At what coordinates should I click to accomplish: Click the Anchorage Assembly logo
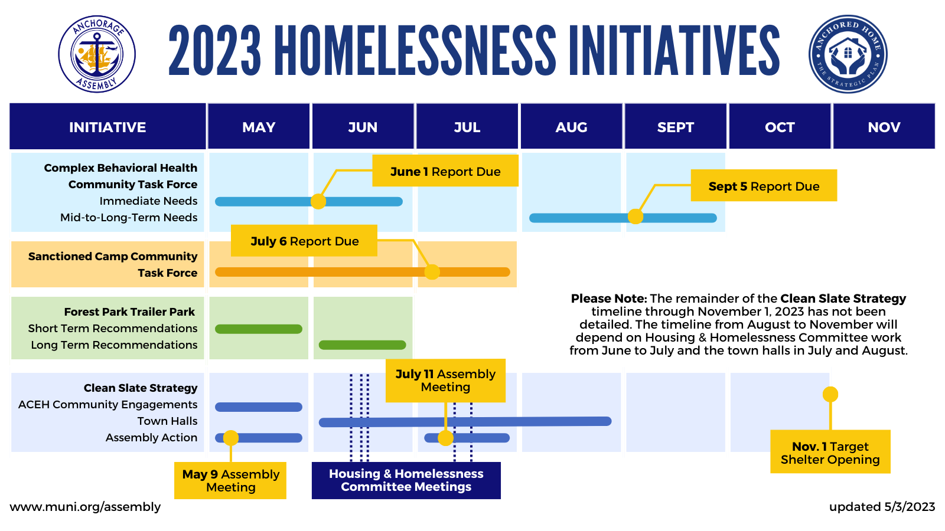[97, 54]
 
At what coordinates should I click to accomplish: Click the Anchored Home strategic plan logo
[848, 54]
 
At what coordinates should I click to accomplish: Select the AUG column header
[571, 126]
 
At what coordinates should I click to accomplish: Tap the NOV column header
[884, 126]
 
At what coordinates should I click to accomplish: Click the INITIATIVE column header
[107, 126]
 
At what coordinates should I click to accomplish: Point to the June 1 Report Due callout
[445, 171]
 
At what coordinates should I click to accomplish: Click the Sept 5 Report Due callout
[764, 185]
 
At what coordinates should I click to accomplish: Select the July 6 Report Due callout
[304, 241]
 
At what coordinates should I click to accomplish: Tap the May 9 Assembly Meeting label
[230, 480]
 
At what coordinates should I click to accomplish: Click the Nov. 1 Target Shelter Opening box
[830, 452]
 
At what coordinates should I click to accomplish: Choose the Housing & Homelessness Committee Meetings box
[406, 480]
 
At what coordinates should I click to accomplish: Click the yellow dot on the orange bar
[432, 272]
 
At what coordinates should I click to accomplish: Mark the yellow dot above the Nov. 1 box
[830, 395]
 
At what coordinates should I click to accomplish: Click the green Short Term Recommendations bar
[259, 329]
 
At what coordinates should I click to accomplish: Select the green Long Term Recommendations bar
[363, 345]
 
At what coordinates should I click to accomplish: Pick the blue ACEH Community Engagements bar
[259, 407]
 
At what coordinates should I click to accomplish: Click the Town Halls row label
[168, 421]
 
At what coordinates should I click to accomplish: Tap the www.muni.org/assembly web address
[85, 507]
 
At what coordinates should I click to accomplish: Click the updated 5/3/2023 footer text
[882, 507]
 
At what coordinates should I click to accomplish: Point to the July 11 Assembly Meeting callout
[445, 381]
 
